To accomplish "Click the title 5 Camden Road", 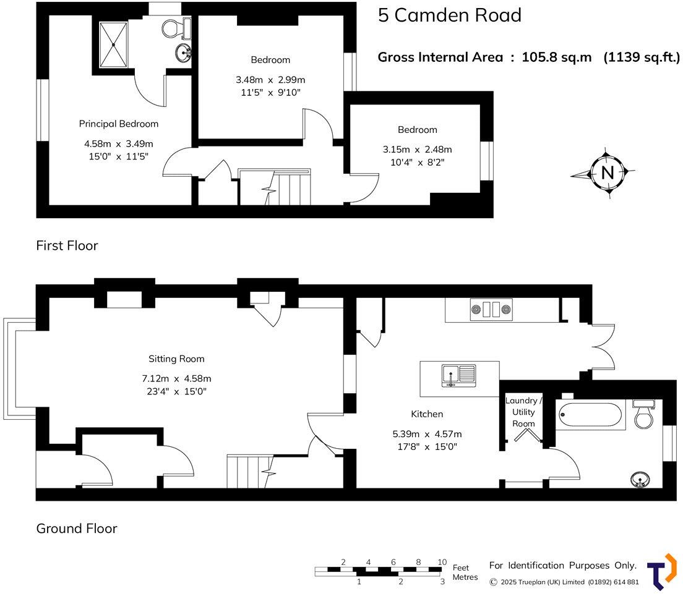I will point(450,15).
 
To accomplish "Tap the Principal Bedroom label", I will point(119,124).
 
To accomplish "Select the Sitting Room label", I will point(176,359).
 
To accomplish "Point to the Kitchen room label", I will point(427,414).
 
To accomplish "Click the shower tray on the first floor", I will point(113,45).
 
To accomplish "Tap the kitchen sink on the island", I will point(458,375).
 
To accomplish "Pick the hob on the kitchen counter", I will point(491,308).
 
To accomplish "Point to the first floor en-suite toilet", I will point(176,27).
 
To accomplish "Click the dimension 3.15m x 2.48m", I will point(417,150).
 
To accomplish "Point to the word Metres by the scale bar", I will point(465,577).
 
